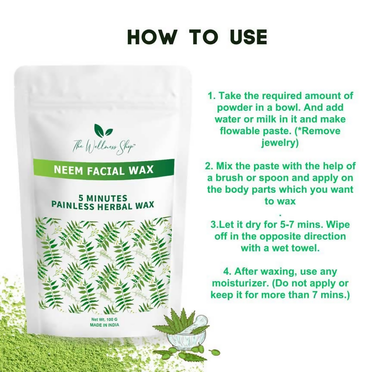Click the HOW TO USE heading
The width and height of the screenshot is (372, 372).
point(197,37)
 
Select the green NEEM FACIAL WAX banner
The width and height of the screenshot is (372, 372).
point(103,169)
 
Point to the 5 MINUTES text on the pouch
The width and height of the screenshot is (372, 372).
point(103,198)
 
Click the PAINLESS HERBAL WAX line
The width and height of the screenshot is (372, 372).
point(103,205)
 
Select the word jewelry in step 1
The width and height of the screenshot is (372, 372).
point(280,143)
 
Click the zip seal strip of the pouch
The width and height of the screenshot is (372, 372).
point(103,104)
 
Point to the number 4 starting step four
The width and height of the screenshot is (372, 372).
point(226,272)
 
